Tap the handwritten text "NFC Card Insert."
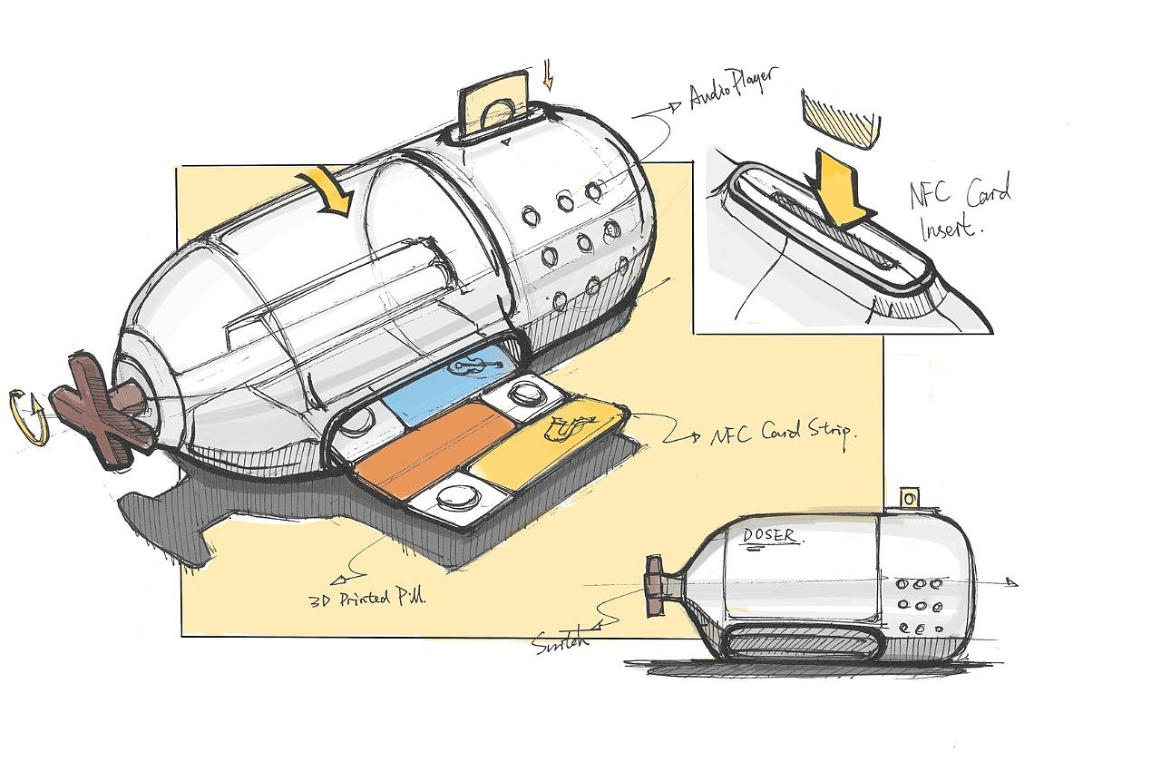tap(959, 208)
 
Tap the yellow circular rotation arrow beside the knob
tap(29, 416)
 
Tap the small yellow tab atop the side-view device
tap(909, 498)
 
